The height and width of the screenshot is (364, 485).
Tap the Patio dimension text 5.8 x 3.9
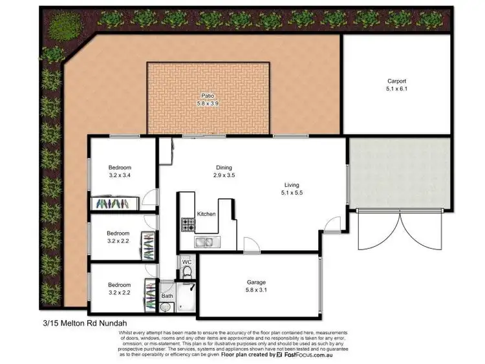click(x=208, y=103)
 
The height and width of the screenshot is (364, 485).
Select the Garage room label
click(x=256, y=283)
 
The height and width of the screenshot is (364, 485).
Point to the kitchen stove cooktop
click(x=188, y=225)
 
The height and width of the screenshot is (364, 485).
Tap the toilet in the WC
click(x=187, y=272)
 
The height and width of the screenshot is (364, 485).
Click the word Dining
click(x=224, y=167)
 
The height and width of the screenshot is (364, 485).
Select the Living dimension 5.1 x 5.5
click(x=292, y=192)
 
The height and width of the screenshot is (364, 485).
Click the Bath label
click(x=167, y=295)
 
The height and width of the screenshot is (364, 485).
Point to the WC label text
click(x=186, y=261)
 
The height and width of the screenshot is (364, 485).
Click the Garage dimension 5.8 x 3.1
click(x=256, y=290)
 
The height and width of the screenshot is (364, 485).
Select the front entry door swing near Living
click(x=331, y=225)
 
